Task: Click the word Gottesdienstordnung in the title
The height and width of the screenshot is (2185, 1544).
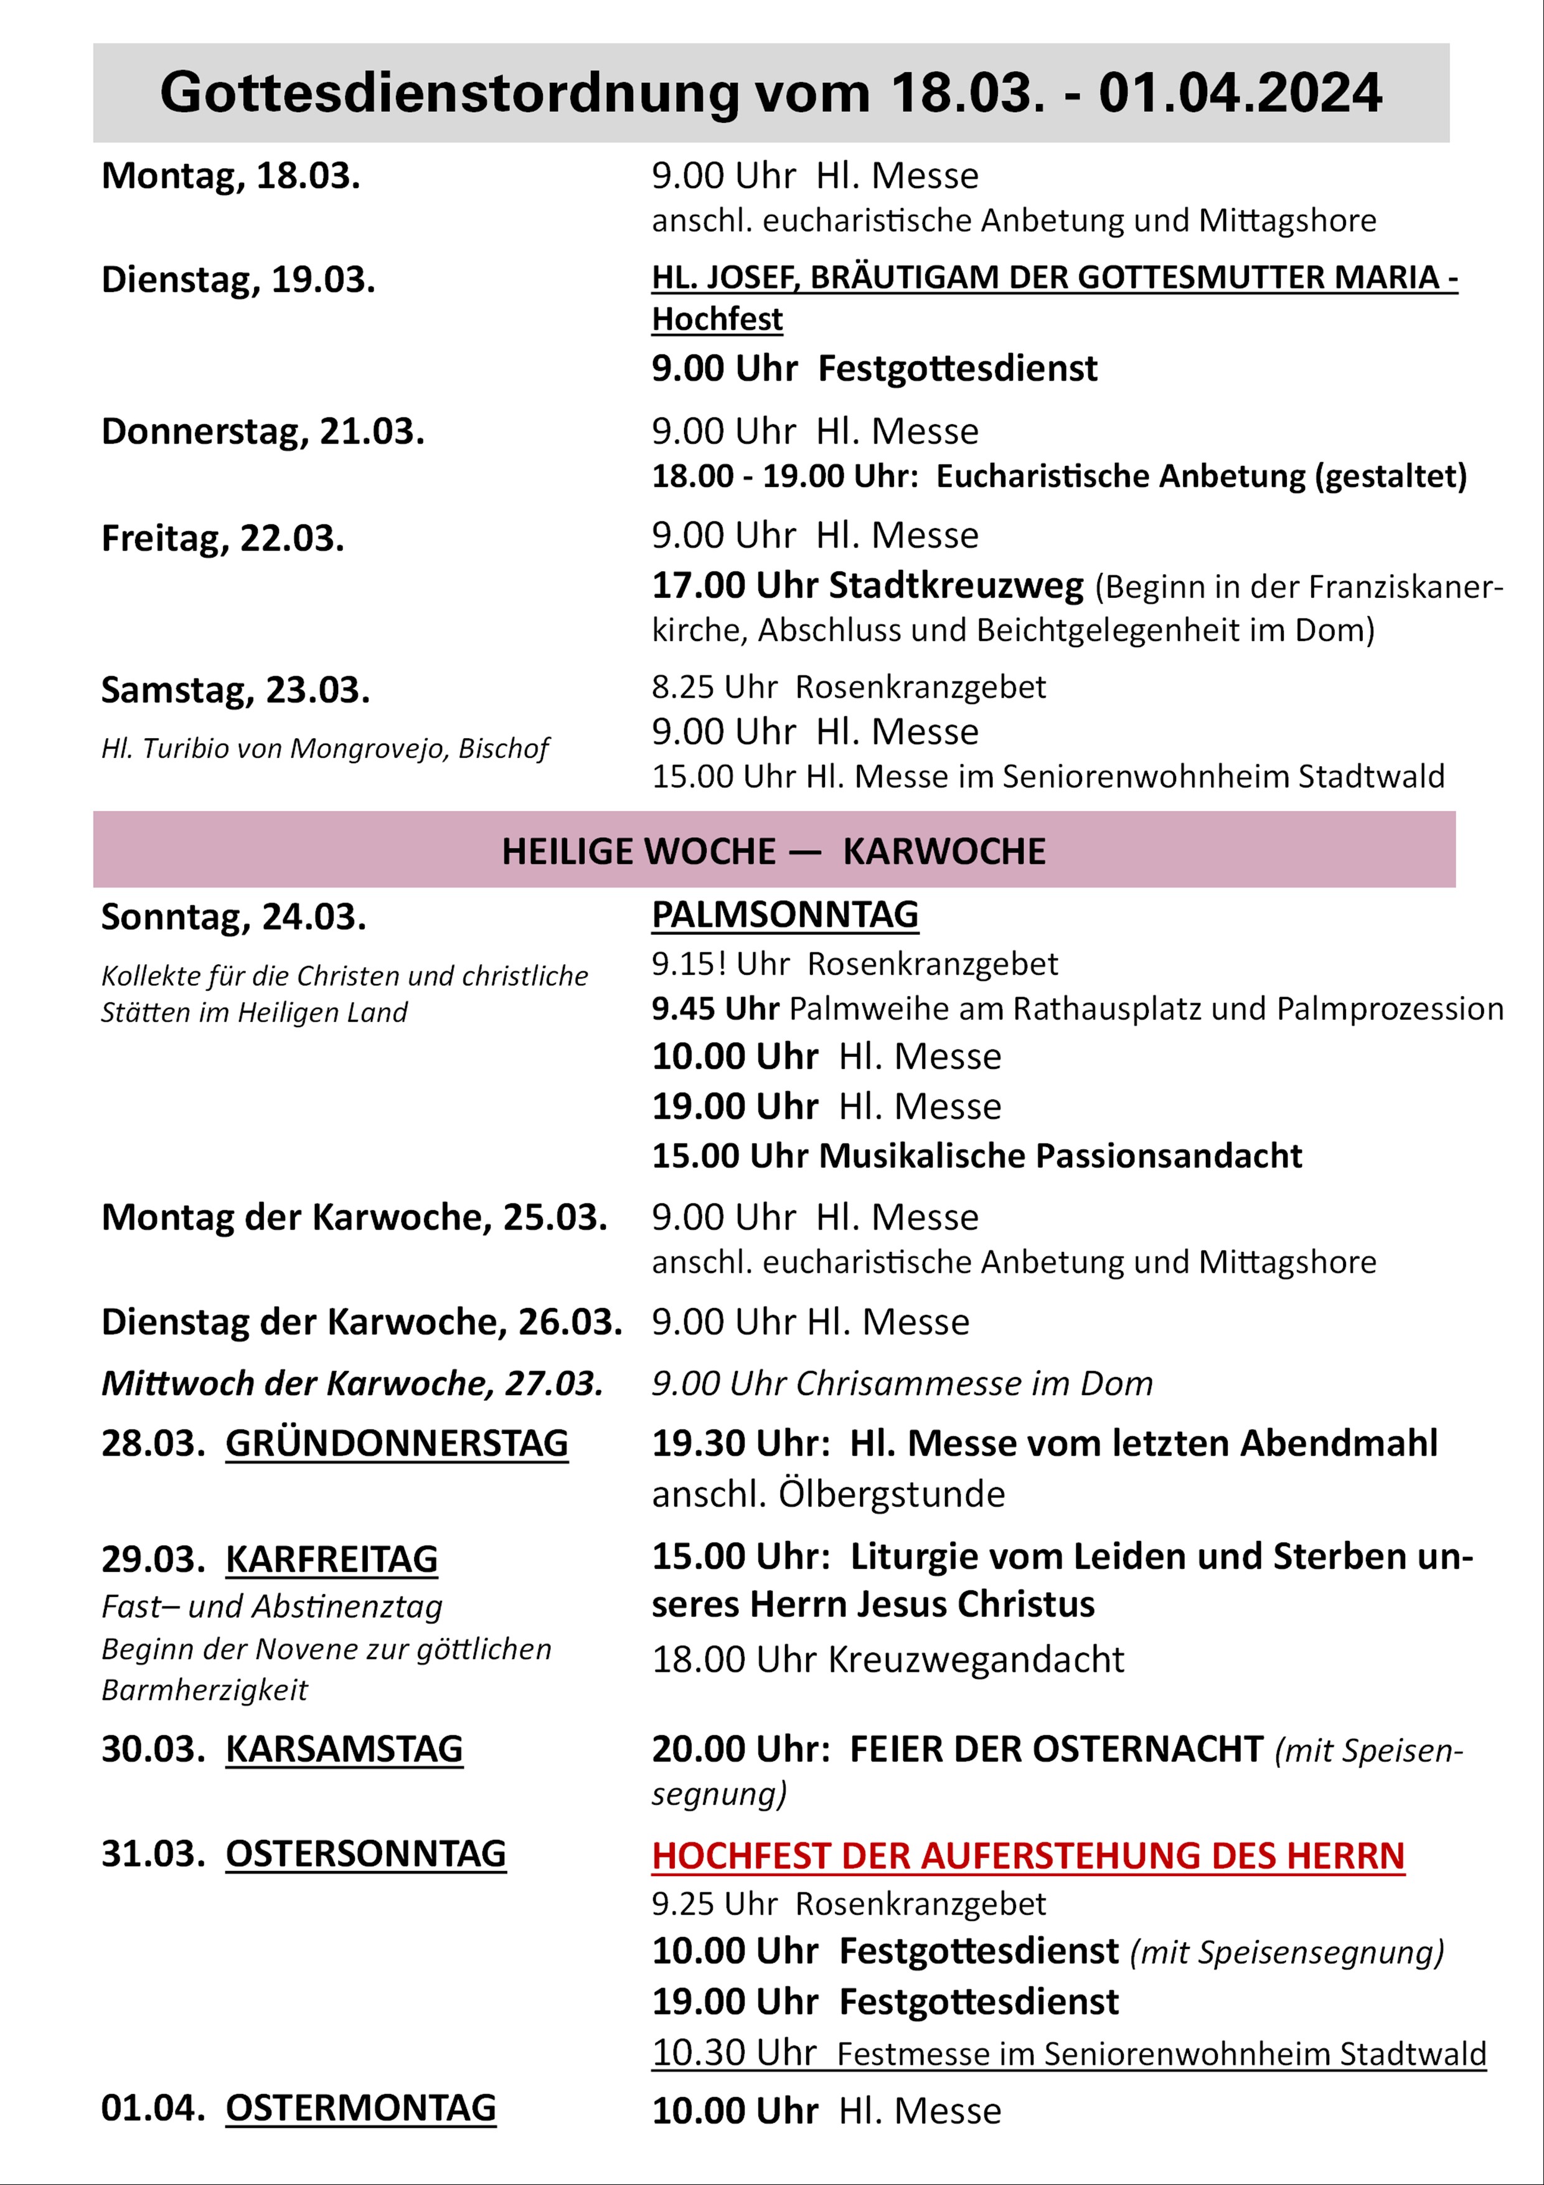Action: click(x=448, y=94)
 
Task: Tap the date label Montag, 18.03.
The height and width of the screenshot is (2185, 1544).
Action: click(x=230, y=176)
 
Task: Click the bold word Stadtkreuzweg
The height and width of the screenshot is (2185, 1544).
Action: click(x=956, y=585)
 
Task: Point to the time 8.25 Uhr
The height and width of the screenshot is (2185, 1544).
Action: click(x=713, y=687)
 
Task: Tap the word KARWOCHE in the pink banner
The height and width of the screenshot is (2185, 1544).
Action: click(x=944, y=851)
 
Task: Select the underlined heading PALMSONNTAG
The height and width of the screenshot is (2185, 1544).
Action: click(x=785, y=914)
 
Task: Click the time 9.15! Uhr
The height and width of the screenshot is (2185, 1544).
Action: click(x=720, y=964)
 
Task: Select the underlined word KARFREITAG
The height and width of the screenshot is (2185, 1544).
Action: click(x=331, y=1560)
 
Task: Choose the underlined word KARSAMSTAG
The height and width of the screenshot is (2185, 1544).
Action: click(x=344, y=1749)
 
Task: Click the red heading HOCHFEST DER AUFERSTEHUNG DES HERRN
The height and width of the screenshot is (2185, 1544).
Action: click(x=1027, y=1856)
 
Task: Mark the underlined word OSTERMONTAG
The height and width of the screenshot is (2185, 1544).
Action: click(x=360, y=2108)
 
